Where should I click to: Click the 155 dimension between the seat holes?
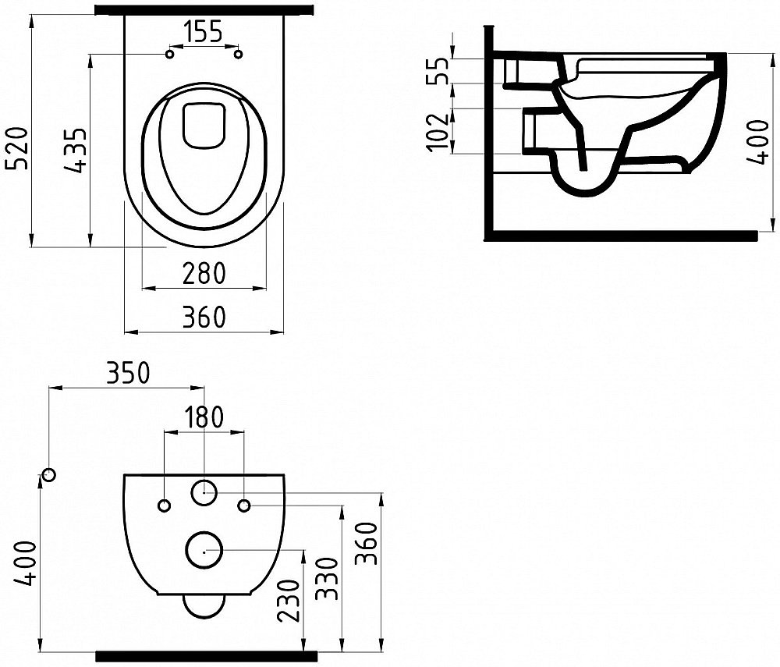click(x=203, y=32)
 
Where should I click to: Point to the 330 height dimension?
click(x=327, y=578)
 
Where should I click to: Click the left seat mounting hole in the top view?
click(x=170, y=54)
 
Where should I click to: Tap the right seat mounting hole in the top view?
click(x=239, y=54)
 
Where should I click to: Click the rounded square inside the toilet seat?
click(x=203, y=123)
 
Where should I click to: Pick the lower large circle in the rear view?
click(x=204, y=549)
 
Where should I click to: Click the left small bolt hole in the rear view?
click(x=164, y=506)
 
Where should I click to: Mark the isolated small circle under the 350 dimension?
click(x=49, y=474)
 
